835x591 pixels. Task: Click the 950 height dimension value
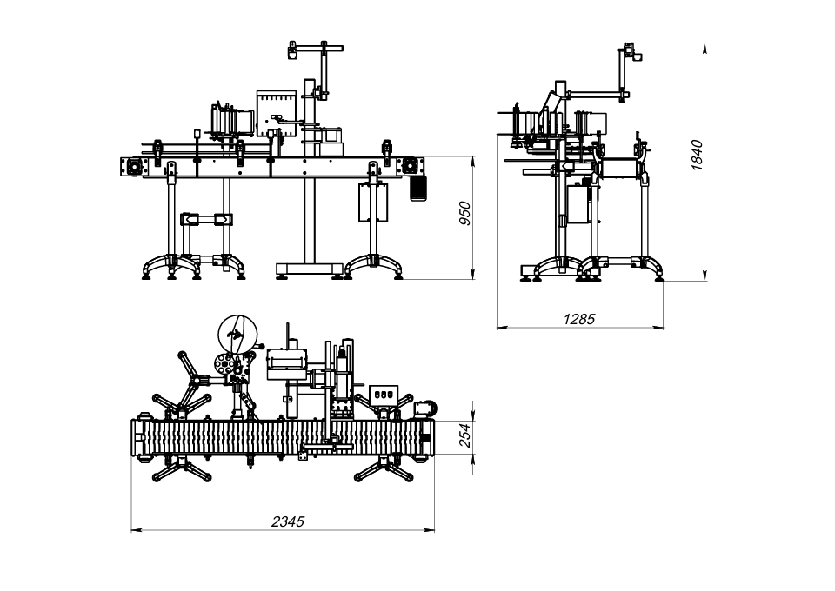tap(464, 213)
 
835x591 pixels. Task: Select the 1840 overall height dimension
tap(697, 155)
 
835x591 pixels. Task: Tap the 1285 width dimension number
tap(579, 319)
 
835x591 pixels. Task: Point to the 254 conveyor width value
tap(464, 435)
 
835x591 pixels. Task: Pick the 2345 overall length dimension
tap(288, 521)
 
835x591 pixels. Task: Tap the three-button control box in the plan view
tap(384, 395)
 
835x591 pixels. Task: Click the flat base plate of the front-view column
tap(309, 268)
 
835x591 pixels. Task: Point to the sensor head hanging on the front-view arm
tap(292, 50)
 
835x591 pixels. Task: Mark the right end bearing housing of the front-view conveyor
tap(411, 165)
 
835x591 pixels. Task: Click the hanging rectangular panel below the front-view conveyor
tap(373, 203)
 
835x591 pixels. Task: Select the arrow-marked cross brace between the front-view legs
tap(207, 219)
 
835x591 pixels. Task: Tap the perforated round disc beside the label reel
tap(224, 364)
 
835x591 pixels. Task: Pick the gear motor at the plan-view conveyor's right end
tap(425, 408)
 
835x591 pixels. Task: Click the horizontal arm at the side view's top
tap(598, 94)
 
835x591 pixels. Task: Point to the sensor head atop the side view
tap(632, 51)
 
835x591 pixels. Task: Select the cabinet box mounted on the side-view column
tap(579, 203)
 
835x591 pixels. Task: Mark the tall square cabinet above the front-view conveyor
tap(277, 113)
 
